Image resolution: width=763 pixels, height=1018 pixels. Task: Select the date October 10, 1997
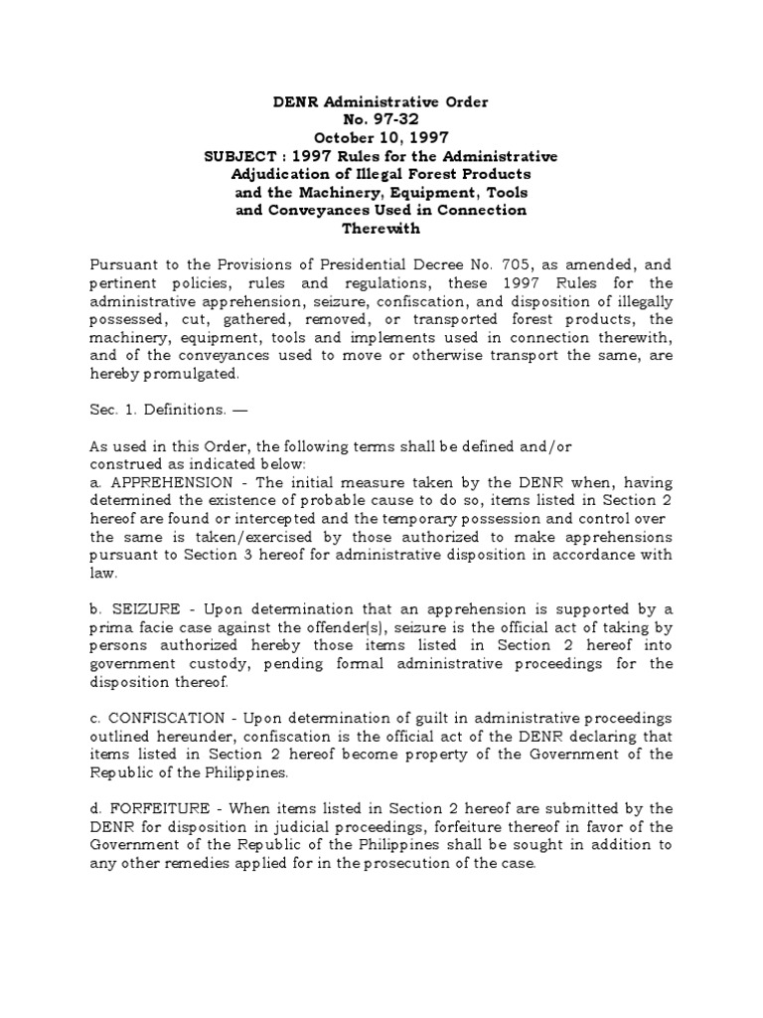click(381, 138)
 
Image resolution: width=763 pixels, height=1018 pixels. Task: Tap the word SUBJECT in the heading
click(241, 156)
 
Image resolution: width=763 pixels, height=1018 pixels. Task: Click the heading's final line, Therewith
click(381, 228)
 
